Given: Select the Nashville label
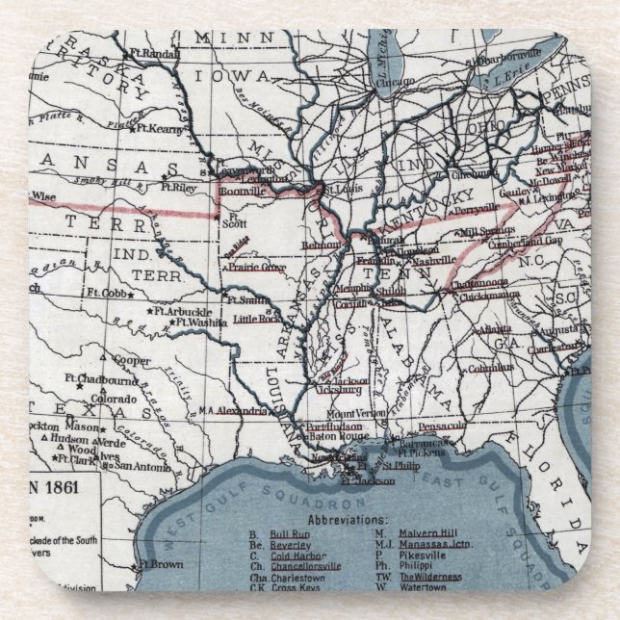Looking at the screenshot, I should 434,261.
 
